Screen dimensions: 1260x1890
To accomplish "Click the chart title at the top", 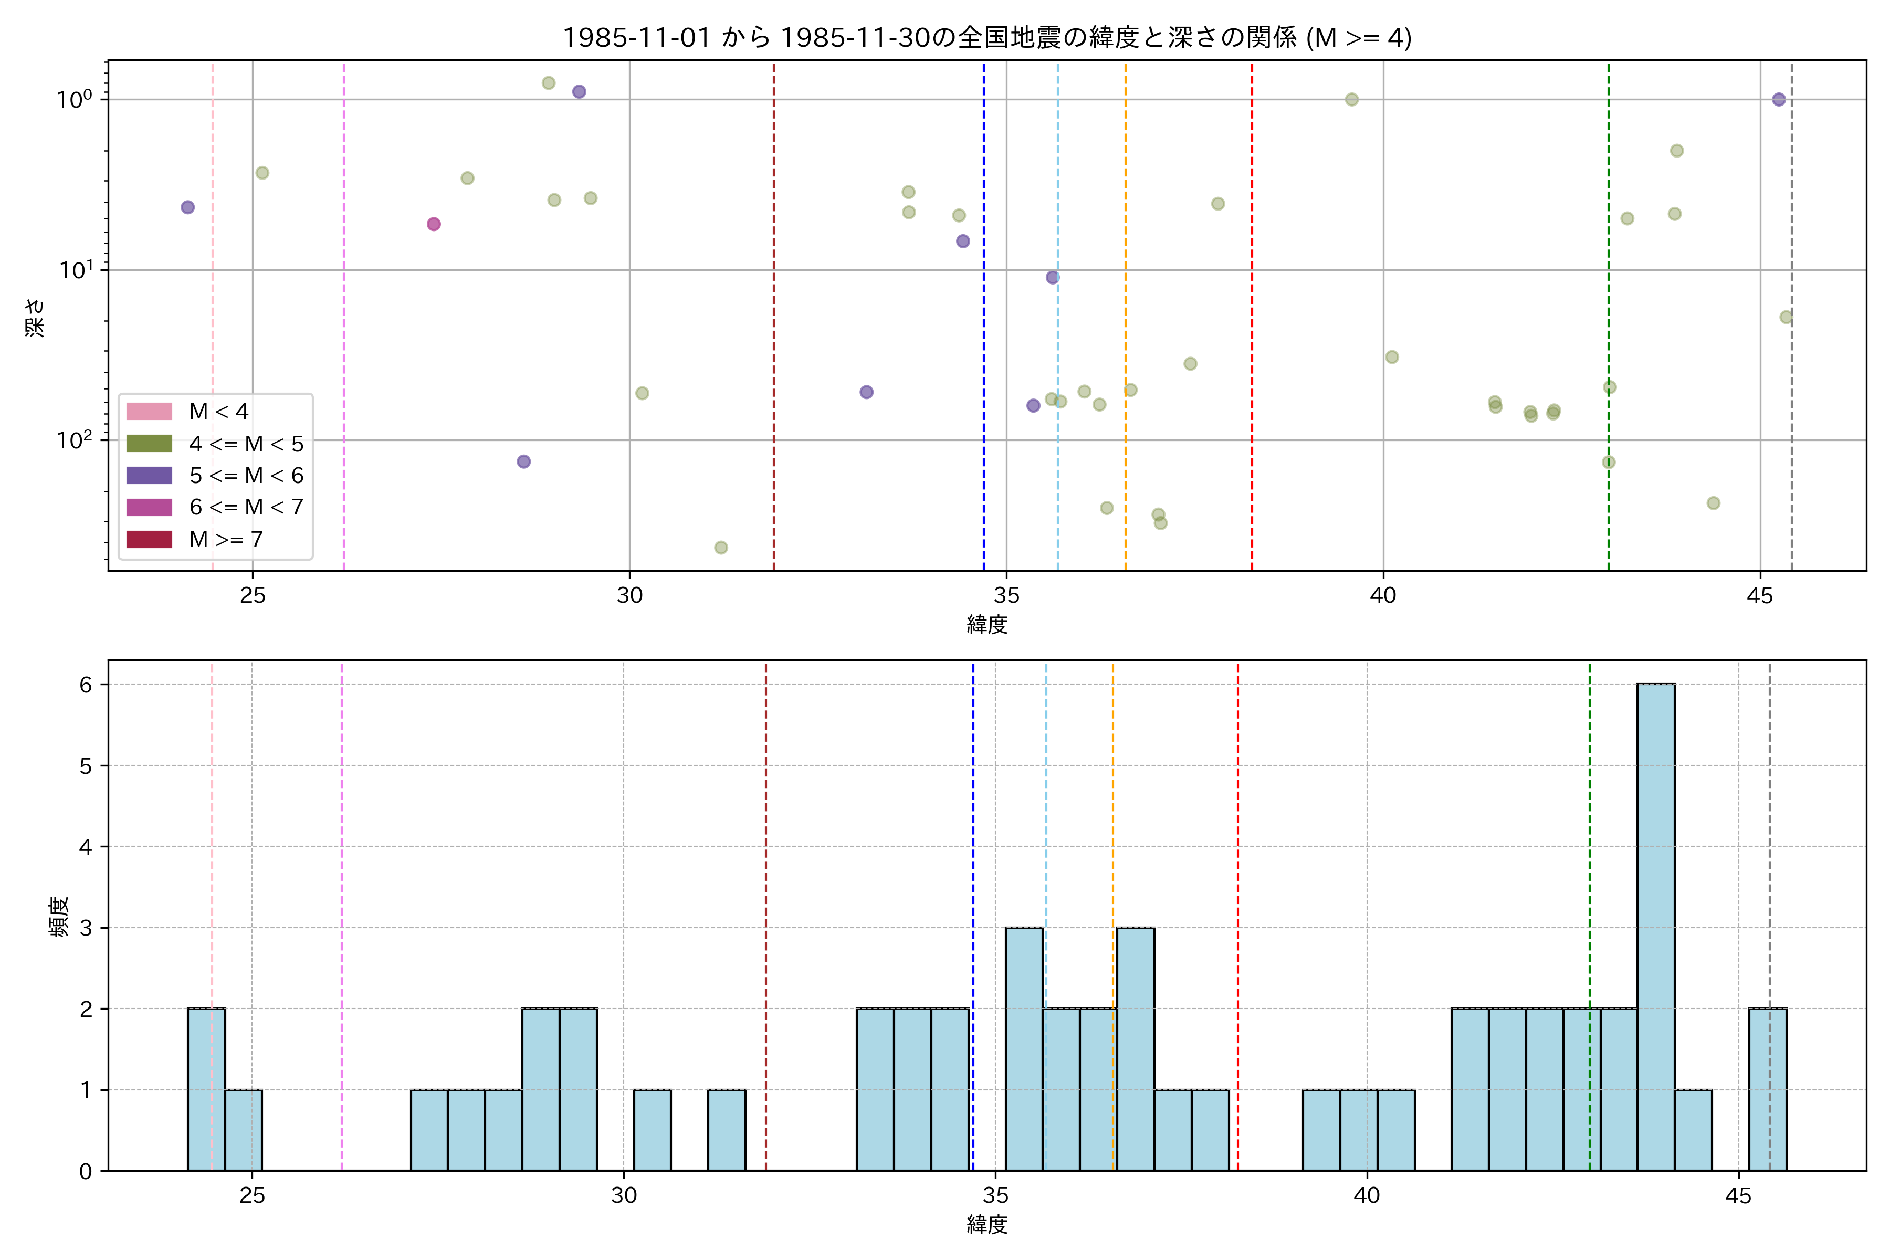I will pos(987,38).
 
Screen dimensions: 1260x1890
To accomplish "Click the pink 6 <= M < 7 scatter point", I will pos(434,224).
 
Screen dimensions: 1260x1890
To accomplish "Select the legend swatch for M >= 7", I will pos(150,539).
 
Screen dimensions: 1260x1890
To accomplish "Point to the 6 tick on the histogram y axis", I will pos(86,685).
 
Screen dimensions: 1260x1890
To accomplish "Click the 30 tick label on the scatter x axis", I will pos(629,595).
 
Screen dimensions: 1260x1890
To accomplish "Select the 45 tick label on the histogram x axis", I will pos(1738,1196).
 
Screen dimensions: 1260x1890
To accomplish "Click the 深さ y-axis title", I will pos(35,318).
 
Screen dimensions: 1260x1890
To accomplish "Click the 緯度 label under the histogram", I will pos(987,1225).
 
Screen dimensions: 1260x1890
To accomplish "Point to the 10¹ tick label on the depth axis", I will pos(76,270).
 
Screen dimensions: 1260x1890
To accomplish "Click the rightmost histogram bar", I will pos(1768,1090).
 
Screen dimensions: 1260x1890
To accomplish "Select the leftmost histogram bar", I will pos(206,1090).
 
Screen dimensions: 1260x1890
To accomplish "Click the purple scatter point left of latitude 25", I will pos(188,207).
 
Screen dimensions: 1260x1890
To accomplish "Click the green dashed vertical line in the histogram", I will pos(1590,884).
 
